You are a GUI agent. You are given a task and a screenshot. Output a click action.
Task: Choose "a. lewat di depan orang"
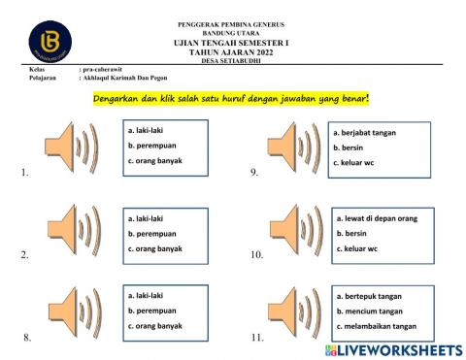click(377, 218)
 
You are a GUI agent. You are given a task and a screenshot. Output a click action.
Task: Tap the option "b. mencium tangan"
click(368, 311)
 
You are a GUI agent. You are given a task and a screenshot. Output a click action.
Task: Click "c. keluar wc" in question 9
click(355, 162)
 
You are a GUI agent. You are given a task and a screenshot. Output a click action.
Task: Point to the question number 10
click(256, 256)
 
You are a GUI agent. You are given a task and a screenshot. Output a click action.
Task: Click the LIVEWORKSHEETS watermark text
click(393, 348)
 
